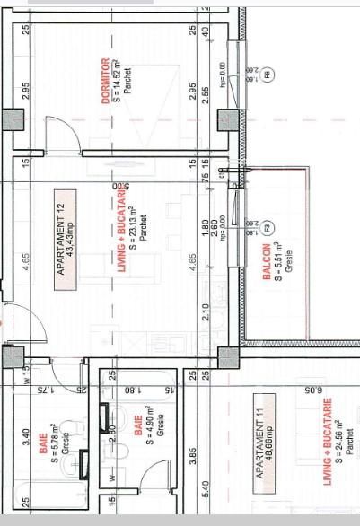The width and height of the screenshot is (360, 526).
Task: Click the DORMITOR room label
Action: tap(105, 82)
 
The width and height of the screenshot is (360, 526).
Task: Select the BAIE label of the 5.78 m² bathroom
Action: tap(43, 445)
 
